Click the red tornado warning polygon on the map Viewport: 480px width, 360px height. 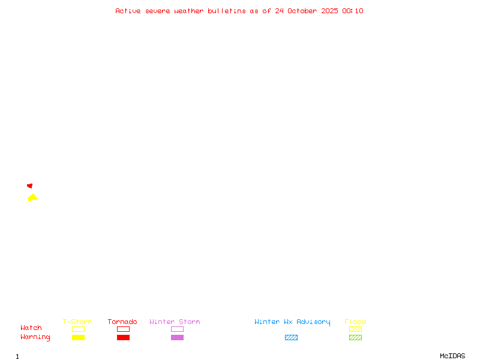[x=30, y=186]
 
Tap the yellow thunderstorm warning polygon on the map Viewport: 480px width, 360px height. [x=32, y=197]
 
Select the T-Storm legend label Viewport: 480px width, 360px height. [x=77, y=322]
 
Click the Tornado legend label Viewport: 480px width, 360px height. [x=122, y=322]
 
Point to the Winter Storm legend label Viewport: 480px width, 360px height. [x=175, y=322]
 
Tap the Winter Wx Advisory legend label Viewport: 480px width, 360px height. [x=292, y=322]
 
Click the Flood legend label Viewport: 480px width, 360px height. [x=355, y=322]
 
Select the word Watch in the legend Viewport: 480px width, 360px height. [x=31, y=328]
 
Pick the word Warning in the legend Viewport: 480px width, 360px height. [x=35, y=337]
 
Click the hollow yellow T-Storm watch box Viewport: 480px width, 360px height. [x=78, y=329]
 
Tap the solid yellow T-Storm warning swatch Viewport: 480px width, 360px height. [x=78, y=337]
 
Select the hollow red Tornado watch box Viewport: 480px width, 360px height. [x=123, y=329]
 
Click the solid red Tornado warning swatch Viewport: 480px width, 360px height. [x=123, y=337]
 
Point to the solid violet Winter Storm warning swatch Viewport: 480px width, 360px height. [x=177, y=337]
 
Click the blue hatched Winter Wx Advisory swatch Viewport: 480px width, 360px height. [x=291, y=337]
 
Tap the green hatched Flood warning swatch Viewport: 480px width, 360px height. [x=355, y=337]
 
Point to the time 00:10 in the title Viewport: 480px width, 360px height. [x=353, y=11]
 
